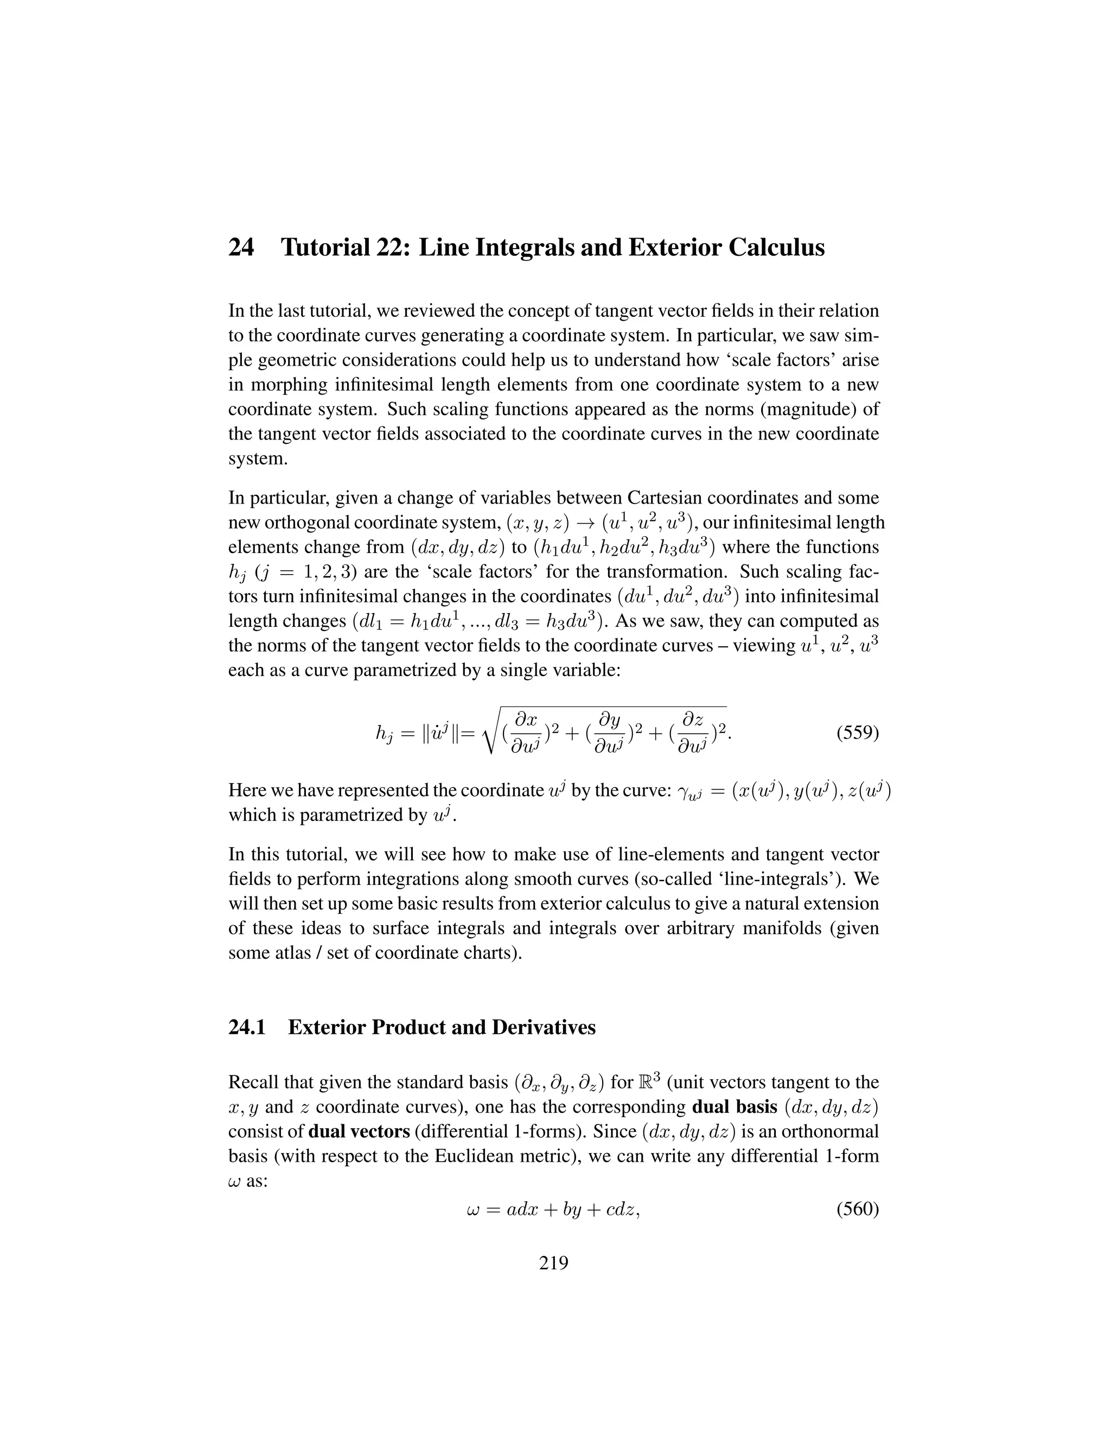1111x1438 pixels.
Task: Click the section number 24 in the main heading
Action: (x=241, y=248)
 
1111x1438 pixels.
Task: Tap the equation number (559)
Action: (x=857, y=733)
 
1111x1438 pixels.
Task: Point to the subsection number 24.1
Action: (x=247, y=1027)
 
